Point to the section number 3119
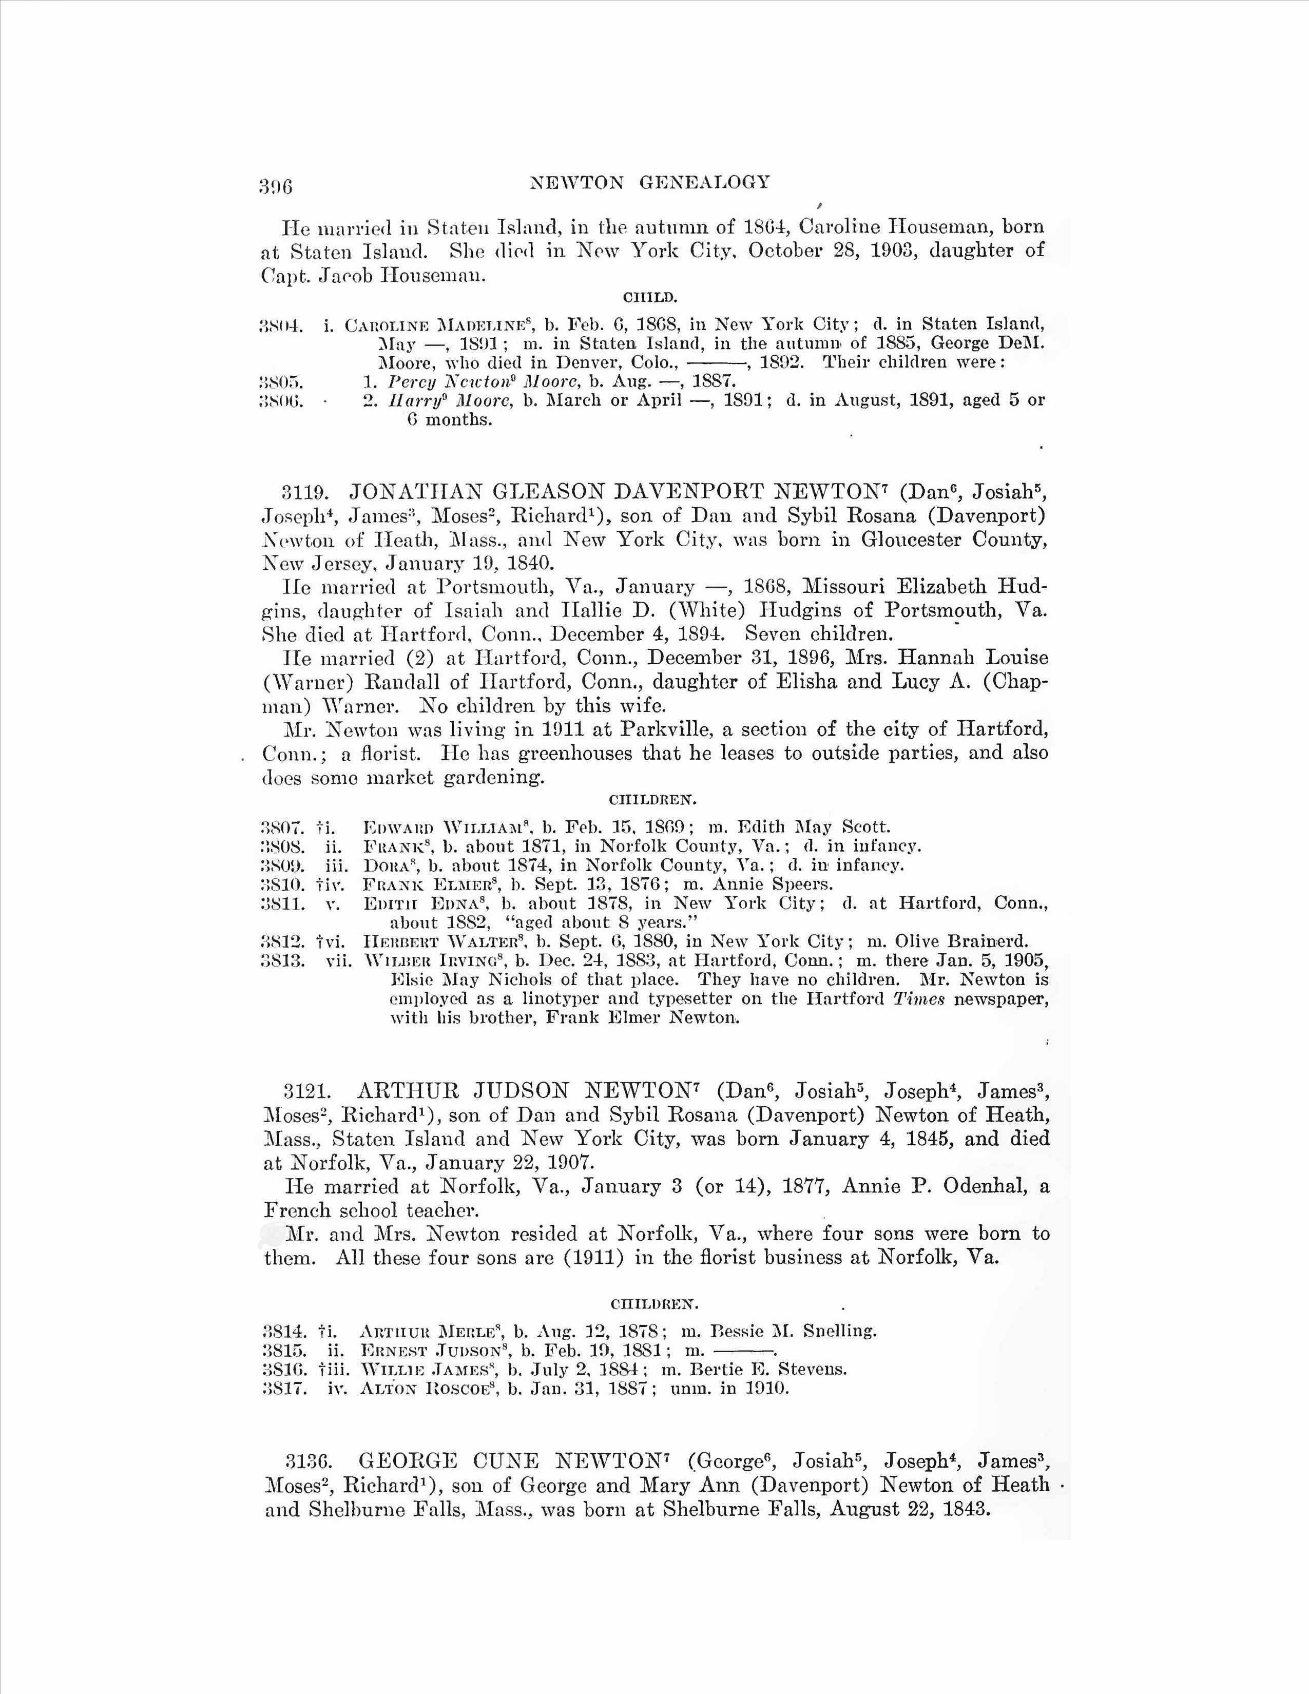click(x=305, y=492)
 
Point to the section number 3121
click(x=307, y=1091)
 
